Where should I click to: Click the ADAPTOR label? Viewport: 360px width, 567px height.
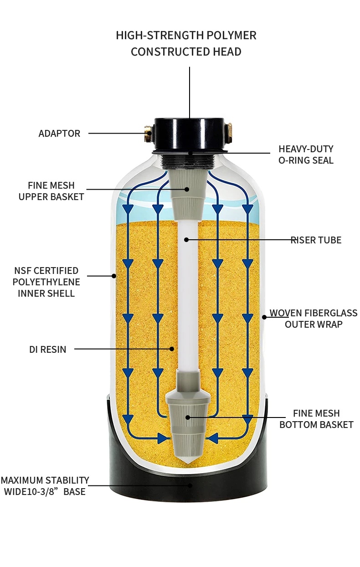(59, 134)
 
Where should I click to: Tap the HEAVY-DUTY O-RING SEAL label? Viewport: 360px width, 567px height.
(306, 155)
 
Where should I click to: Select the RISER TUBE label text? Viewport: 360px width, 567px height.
(316, 240)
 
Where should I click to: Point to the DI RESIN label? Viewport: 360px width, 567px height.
(48, 350)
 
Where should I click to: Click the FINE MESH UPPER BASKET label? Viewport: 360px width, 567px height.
(51, 191)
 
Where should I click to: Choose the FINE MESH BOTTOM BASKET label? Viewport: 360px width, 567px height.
(316, 419)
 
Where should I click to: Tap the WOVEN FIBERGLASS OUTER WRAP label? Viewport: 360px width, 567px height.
(314, 319)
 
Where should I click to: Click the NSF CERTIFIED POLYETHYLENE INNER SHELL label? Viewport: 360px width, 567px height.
(46, 282)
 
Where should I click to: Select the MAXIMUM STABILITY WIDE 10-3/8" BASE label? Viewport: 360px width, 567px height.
(45, 486)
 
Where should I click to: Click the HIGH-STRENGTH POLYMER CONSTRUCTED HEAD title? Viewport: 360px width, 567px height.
(186, 43)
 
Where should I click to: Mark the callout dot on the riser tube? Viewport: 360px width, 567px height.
(186, 239)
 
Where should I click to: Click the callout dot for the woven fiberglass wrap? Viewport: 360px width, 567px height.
(264, 317)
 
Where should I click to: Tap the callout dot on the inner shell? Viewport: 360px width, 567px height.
(114, 275)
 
